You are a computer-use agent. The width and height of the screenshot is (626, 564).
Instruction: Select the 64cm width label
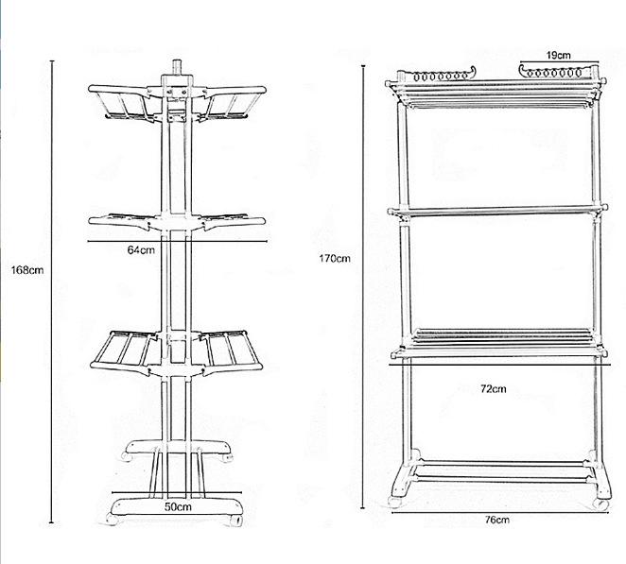click(x=140, y=249)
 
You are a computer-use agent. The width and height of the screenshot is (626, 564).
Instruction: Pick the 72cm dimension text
click(x=494, y=388)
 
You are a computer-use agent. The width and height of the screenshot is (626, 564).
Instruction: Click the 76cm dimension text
click(x=498, y=520)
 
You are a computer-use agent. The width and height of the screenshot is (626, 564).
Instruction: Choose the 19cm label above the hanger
click(x=558, y=56)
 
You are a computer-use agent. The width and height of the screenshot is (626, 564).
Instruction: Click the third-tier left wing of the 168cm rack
click(x=127, y=349)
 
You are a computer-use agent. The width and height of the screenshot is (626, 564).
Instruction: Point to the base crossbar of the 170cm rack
click(x=498, y=468)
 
